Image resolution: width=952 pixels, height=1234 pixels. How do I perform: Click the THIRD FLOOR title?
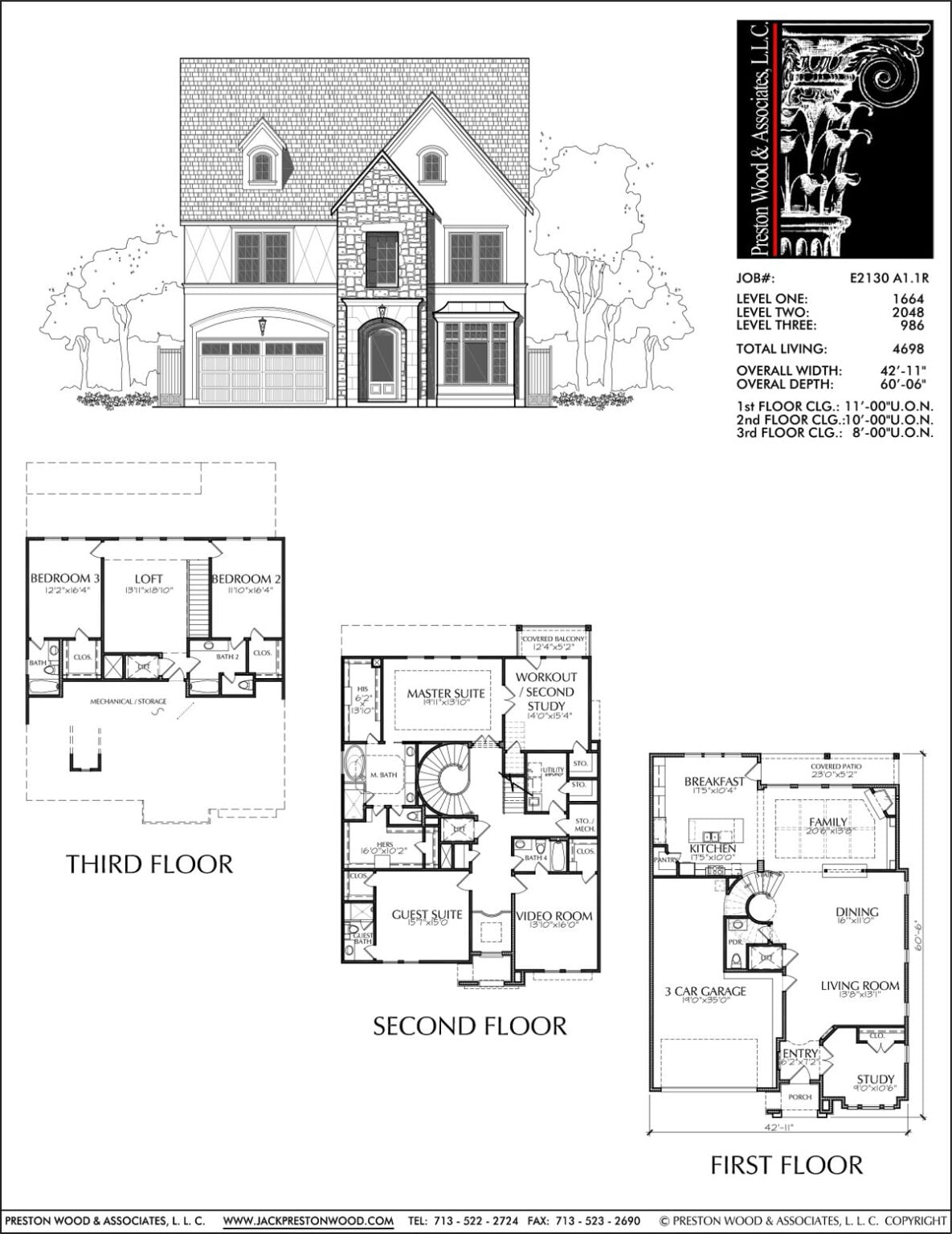[x=149, y=864]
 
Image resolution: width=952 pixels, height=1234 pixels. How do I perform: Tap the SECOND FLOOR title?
[x=469, y=1026]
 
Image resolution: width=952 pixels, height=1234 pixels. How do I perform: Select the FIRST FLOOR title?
[x=786, y=1164]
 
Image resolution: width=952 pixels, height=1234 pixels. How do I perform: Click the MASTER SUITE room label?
[x=445, y=693]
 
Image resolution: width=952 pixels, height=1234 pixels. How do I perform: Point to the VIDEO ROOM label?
[x=554, y=916]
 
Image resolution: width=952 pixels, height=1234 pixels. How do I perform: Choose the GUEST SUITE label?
[x=427, y=914]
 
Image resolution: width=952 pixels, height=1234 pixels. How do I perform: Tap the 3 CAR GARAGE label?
[x=705, y=991]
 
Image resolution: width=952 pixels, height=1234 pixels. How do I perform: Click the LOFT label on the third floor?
[x=149, y=578]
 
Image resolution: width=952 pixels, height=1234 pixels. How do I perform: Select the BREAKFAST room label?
[x=713, y=782]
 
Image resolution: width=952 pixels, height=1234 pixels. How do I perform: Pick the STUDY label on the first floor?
[x=875, y=1079]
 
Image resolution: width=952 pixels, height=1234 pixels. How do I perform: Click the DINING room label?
[x=856, y=912]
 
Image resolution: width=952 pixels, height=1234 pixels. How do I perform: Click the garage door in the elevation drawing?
[x=262, y=370]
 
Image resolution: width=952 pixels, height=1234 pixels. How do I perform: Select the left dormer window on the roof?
[x=262, y=166]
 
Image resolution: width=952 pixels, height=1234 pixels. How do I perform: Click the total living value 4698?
[x=909, y=349]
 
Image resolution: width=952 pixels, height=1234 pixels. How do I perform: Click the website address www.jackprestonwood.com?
[x=308, y=1221]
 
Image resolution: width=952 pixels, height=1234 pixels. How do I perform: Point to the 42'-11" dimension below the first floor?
[x=779, y=1126]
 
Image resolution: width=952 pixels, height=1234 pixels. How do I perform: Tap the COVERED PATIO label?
[x=836, y=767]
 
